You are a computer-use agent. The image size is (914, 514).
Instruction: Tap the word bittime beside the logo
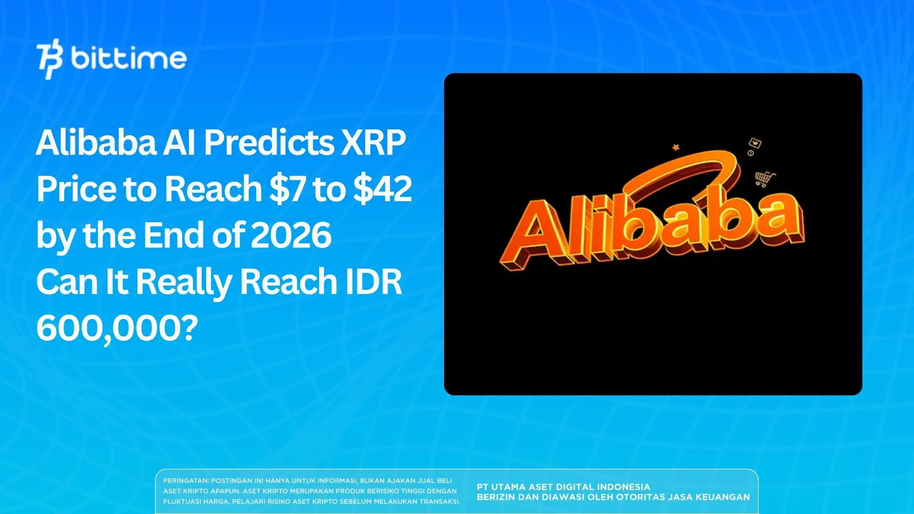point(129,58)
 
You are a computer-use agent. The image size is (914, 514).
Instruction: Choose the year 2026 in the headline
point(291,236)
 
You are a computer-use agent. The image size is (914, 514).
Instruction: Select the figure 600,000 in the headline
point(109,328)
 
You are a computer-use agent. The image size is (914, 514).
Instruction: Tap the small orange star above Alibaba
point(676,147)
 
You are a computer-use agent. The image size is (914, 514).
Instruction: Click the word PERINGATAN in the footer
point(185,481)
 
